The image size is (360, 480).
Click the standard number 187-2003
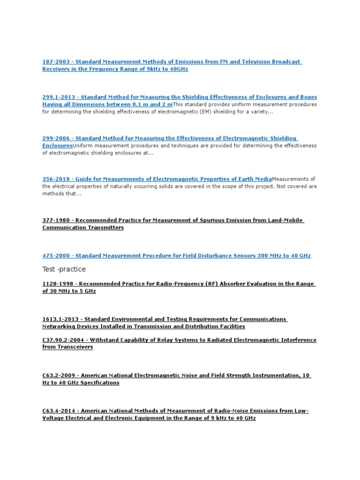pos(56,61)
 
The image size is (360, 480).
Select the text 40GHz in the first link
pos(179,69)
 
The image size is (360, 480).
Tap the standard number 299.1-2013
pos(58,97)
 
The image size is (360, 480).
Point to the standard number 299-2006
pos(56,138)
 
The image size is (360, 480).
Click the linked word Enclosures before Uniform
pos(57,146)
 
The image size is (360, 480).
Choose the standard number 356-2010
pos(56,179)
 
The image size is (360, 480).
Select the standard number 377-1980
pos(56,220)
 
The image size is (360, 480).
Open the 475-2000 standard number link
pos(56,255)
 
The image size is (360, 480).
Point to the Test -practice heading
pos(64,269)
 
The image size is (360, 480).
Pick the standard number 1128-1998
pos(58,284)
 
